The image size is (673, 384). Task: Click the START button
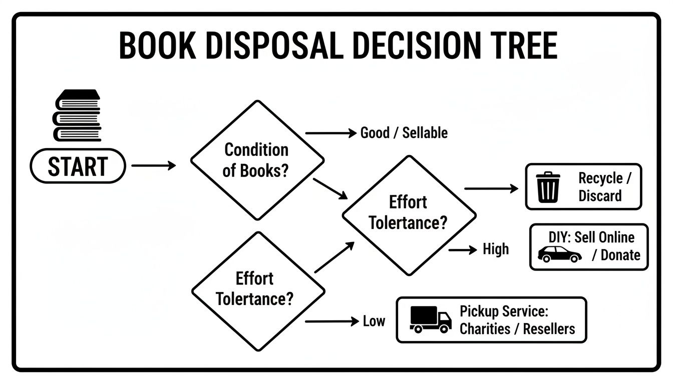(78, 166)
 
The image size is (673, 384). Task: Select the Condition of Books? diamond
(256, 160)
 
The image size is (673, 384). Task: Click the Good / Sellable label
(404, 133)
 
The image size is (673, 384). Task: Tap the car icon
(559, 254)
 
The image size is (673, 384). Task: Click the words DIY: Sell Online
(591, 237)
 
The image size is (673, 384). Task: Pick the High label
(496, 249)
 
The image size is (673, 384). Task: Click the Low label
(374, 321)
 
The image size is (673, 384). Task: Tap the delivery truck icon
(430, 319)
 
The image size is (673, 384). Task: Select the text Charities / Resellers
(517, 329)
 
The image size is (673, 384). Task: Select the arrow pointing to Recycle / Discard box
(491, 188)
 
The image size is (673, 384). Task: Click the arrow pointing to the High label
(463, 249)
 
